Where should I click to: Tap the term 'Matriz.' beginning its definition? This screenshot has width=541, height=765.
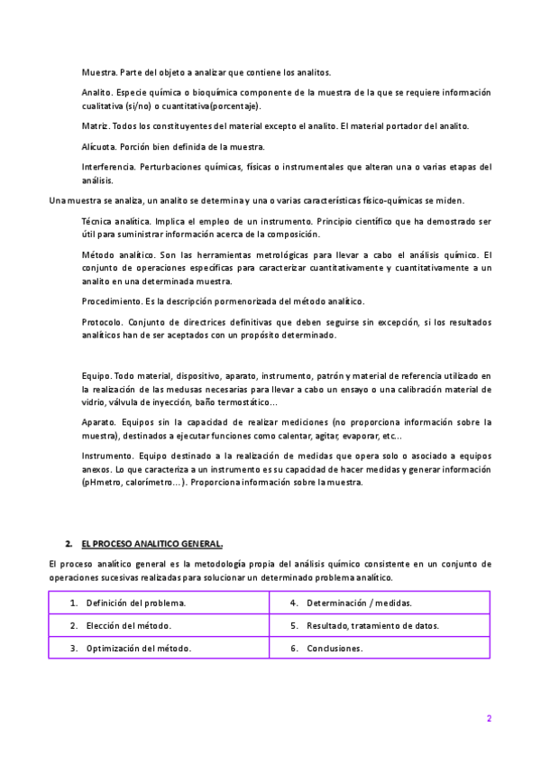point(94,125)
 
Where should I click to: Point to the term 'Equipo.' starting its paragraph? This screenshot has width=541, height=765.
point(96,375)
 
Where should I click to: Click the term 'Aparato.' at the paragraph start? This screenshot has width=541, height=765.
point(97,422)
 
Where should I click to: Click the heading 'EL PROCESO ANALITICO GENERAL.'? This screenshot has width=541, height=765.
point(151,544)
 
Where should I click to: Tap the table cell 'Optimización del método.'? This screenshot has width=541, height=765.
point(138,648)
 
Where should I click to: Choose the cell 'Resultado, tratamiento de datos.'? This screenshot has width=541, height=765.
point(372,625)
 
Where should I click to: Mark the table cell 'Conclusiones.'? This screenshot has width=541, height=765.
point(335,648)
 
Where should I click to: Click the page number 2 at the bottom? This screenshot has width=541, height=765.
point(489,719)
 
